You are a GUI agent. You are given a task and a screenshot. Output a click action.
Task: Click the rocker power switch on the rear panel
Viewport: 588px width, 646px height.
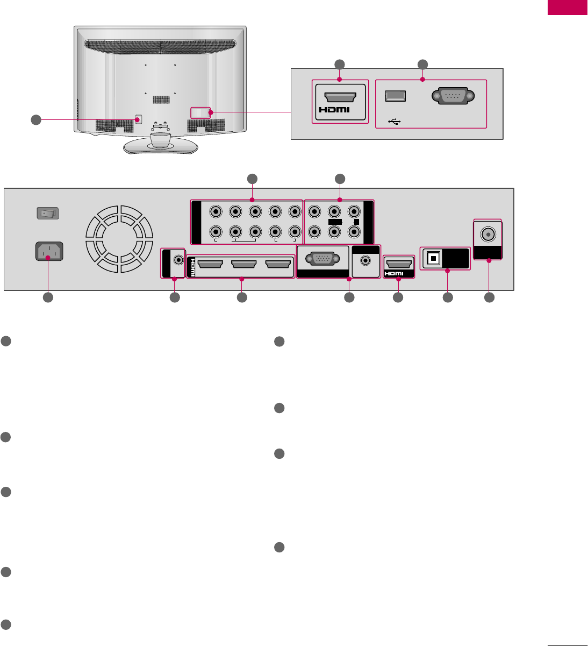click(47, 214)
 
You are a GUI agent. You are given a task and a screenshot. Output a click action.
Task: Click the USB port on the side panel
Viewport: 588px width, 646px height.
click(395, 96)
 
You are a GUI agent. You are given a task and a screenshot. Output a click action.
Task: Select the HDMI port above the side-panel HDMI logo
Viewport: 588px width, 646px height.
click(340, 96)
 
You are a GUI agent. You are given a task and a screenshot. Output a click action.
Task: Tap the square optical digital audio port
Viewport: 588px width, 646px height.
click(432, 258)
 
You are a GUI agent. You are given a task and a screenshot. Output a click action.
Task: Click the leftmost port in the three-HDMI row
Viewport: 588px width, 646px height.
click(210, 264)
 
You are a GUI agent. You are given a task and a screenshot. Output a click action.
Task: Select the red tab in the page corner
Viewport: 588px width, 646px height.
click(567, 8)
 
